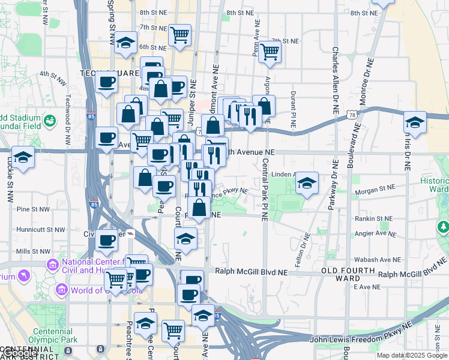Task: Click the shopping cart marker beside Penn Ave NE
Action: (x=270, y=52)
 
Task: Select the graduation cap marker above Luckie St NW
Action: (x=23, y=158)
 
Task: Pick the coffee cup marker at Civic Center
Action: (x=107, y=241)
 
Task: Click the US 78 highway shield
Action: (x=352, y=113)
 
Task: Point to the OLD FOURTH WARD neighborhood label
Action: (x=342, y=274)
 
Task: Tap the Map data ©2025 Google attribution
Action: (x=412, y=355)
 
